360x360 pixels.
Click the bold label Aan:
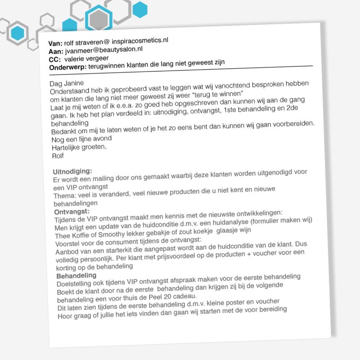[x=55, y=52]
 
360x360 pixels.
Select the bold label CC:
[x=55, y=59]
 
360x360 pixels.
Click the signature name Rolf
[x=58, y=156]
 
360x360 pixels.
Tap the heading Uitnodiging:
[x=72, y=171]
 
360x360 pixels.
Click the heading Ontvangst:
[x=72, y=211]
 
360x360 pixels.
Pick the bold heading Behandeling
[x=76, y=275]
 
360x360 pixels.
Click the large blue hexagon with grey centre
[x=99, y=19]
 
